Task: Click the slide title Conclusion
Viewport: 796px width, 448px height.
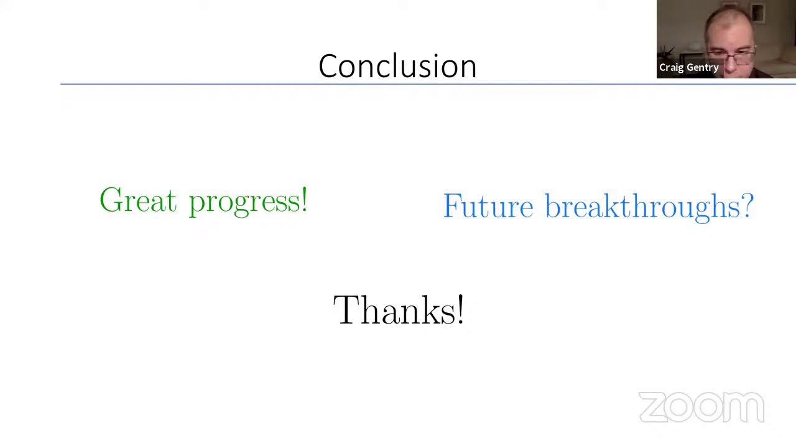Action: click(397, 66)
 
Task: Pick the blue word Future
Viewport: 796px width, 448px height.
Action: click(488, 206)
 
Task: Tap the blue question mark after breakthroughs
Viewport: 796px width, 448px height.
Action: click(747, 205)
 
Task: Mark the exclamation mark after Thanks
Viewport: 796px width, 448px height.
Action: click(460, 310)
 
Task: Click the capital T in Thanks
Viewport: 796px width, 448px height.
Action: click(346, 310)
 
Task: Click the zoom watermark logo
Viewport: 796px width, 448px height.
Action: click(701, 408)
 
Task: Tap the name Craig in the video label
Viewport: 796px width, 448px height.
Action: click(672, 68)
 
